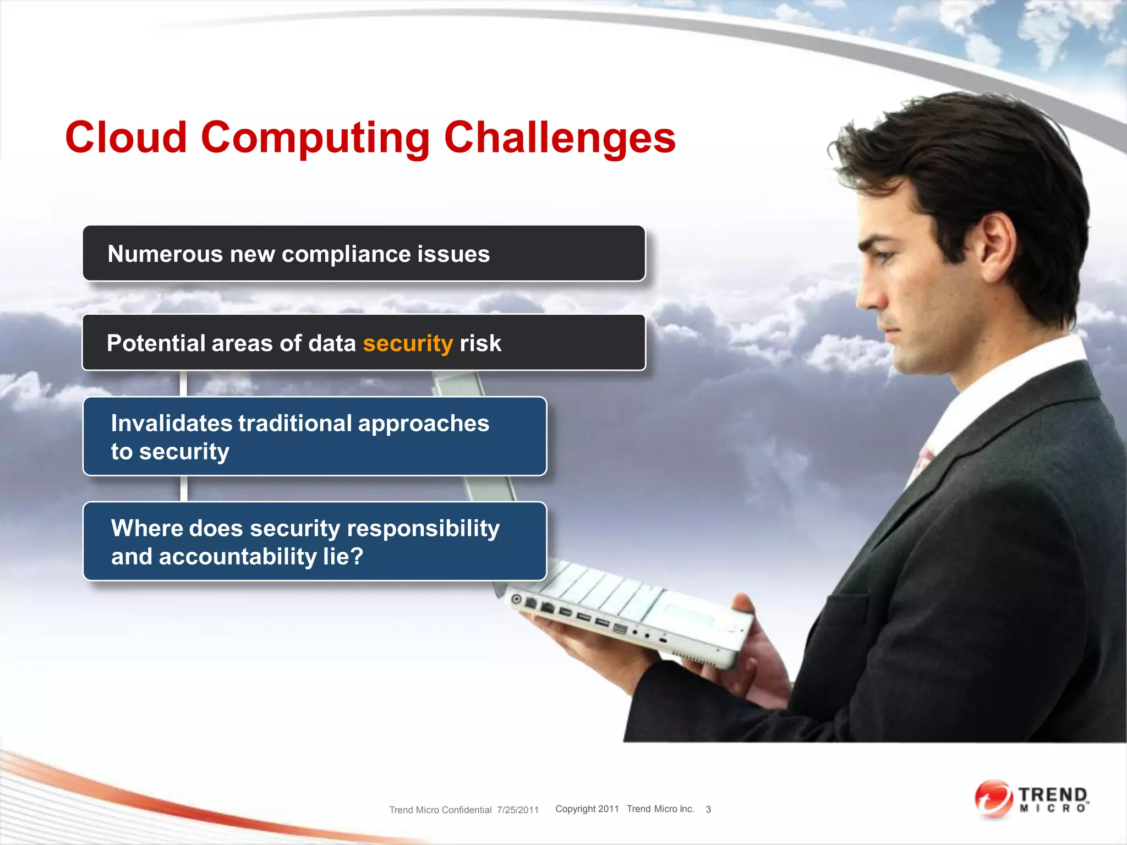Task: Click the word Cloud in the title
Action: point(126,138)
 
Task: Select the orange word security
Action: point(408,343)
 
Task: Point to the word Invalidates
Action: point(171,424)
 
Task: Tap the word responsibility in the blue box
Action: point(423,528)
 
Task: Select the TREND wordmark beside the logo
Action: point(1053,795)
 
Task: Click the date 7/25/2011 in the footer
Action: point(518,810)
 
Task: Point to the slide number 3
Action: point(708,809)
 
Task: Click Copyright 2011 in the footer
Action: point(587,809)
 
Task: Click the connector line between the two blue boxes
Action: point(184,489)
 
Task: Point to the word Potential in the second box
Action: point(156,343)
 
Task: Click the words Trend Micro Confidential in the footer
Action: point(440,810)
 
